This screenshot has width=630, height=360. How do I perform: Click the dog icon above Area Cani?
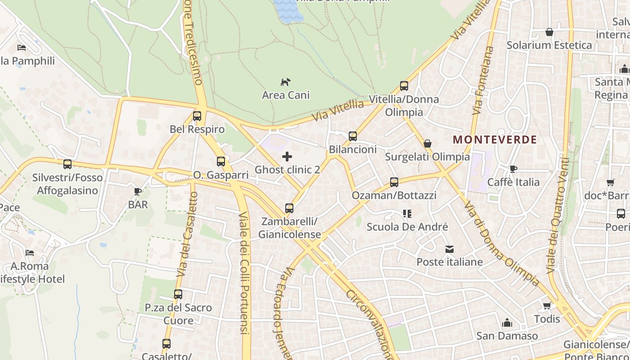pyautogui.click(x=286, y=82)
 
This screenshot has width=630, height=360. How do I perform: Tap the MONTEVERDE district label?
pyautogui.click(x=495, y=139)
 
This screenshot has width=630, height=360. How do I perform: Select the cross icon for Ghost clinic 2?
pyautogui.click(x=287, y=157)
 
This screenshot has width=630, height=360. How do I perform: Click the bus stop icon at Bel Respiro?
pyautogui.click(x=197, y=116)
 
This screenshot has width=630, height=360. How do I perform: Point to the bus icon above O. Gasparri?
pyautogui.click(x=221, y=162)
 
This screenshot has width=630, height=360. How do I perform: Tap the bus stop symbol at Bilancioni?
pyautogui.click(x=353, y=136)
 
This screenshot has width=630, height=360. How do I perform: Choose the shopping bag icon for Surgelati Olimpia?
pyautogui.click(x=427, y=144)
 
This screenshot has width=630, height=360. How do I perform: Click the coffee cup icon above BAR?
pyautogui.click(x=138, y=192)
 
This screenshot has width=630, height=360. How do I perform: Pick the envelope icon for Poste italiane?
pyautogui.click(x=449, y=249)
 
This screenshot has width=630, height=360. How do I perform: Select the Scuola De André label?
pyautogui.click(x=407, y=227)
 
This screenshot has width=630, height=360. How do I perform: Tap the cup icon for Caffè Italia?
pyautogui.click(x=513, y=169)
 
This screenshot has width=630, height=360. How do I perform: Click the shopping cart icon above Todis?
pyautogui.click(x=547, y=306)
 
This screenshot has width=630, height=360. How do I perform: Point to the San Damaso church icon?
pyautogui.click(x=507, y=323)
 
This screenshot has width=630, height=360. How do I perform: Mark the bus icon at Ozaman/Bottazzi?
pyautogui.click(x=394, y=182)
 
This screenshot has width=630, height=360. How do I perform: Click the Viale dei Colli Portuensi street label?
pyautogui.click(x=244, y=272)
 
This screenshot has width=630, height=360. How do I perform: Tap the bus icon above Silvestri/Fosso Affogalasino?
pyautogui.click(x=67, y=164)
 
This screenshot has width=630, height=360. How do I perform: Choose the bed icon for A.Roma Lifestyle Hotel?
pyautogui.click(x=30, y=253)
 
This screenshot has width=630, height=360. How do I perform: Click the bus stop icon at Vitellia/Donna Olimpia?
pyautogui.click(x=404, y=86)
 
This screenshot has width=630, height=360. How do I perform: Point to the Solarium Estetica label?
pyautogui.click(x=549, y=45)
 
